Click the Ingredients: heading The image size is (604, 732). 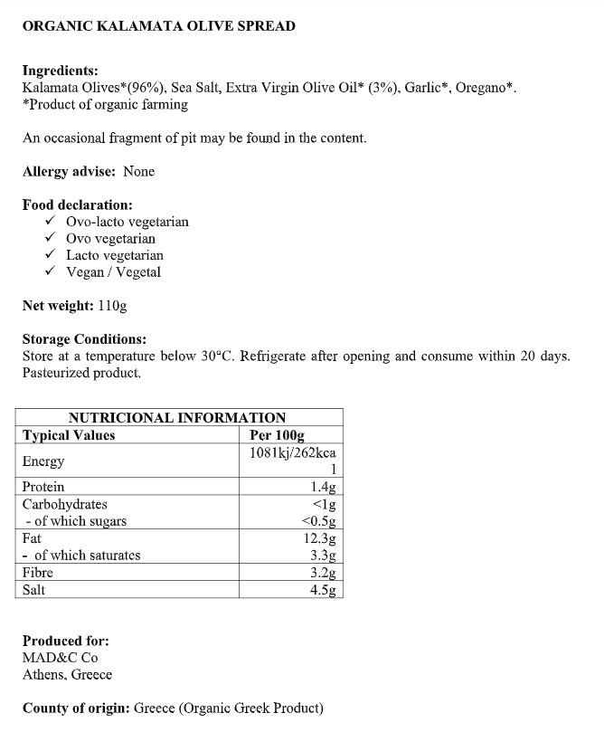60,71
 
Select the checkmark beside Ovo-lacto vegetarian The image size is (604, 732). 49,222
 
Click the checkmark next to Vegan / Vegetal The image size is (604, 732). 49,272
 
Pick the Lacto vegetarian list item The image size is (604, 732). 115,255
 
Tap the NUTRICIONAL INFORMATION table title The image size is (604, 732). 177,418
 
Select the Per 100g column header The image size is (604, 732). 277,435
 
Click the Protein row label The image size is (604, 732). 43,487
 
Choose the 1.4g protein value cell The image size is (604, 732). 323,487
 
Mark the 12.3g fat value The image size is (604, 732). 320,538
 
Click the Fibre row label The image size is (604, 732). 38,573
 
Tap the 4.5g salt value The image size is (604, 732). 323,590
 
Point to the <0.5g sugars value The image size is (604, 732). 318,521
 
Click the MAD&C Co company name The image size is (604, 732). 60,658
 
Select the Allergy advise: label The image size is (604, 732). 69,171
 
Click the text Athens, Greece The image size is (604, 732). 67,675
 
